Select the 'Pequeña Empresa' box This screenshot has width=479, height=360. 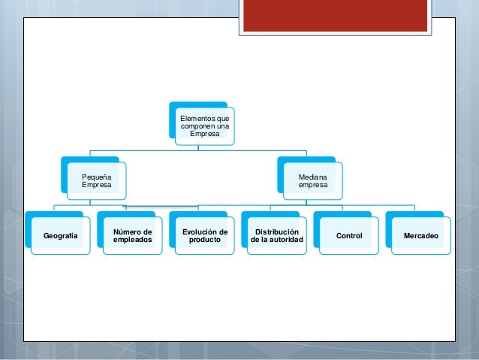(x=95, y=180)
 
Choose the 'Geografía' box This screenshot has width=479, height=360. (x=60, y=236)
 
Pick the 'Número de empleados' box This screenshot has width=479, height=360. (x=132, y=236)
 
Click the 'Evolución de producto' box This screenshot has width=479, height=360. (x=204, y=236)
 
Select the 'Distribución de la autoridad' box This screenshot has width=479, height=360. (x=276, y=236)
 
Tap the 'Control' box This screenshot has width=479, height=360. (x=349, y=236)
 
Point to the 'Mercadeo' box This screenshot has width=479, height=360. (x=421, y=236)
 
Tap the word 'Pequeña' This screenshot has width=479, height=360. (x=95, y=176)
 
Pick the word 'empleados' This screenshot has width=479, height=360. (x=132, y=241)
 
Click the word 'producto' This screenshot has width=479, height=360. (x=205, y=241)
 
